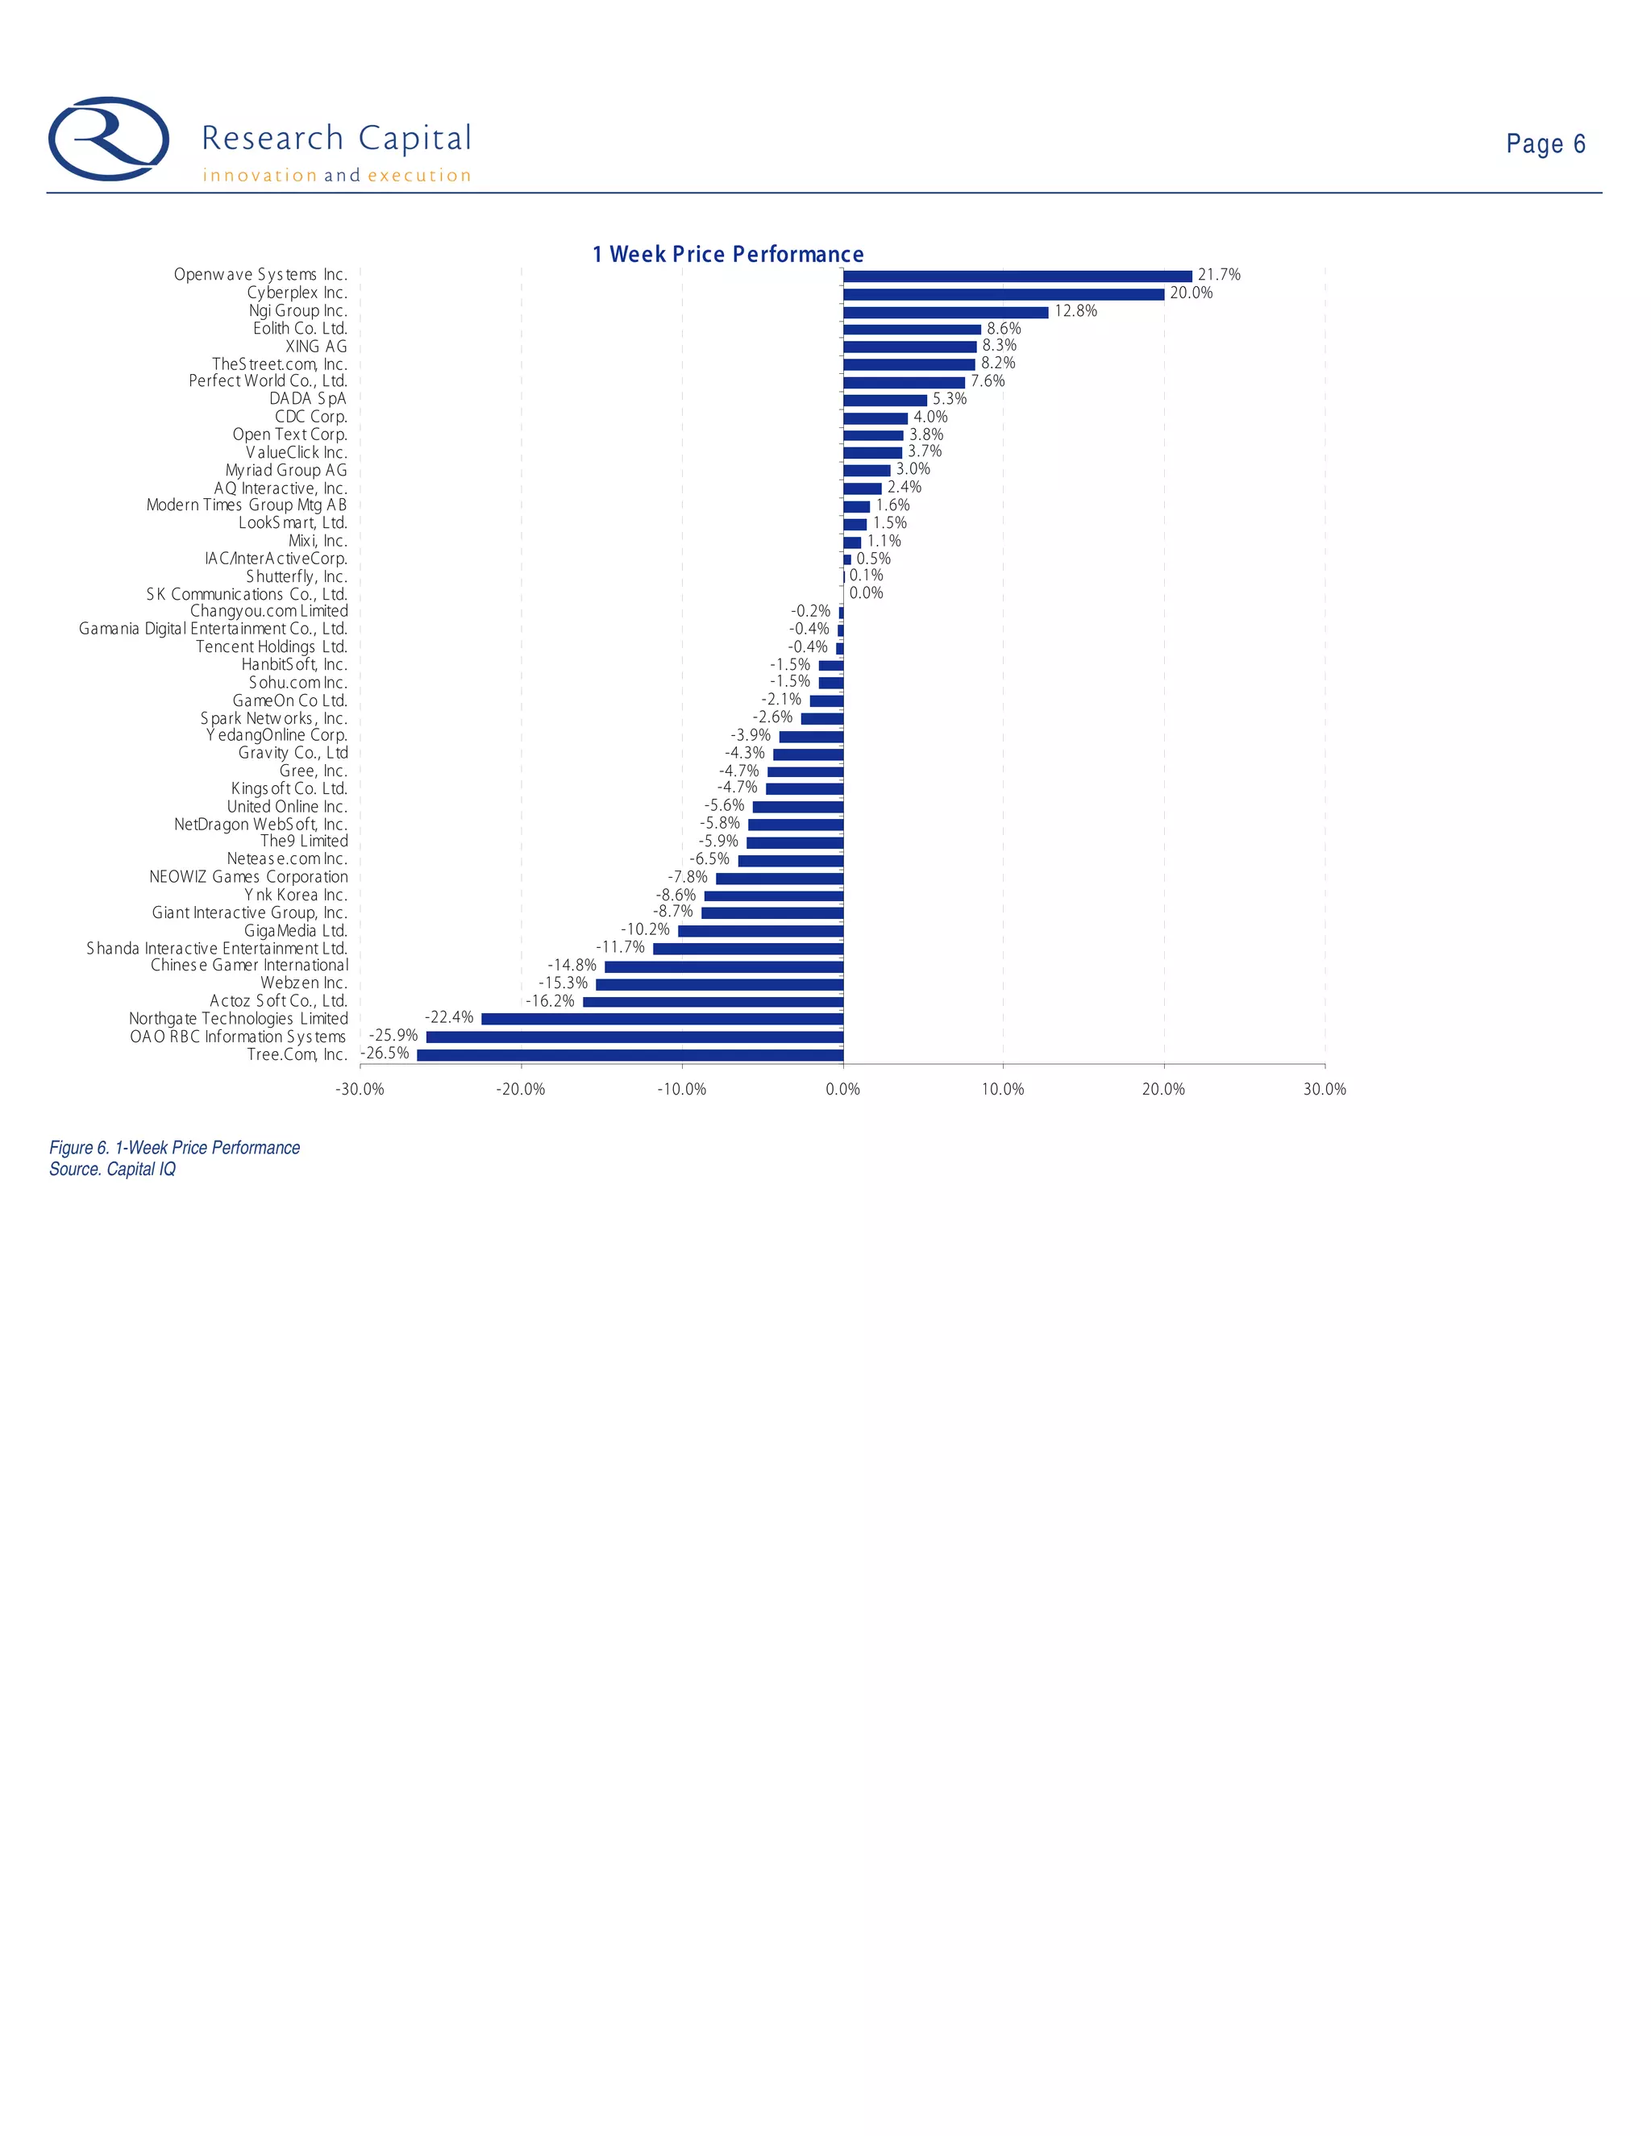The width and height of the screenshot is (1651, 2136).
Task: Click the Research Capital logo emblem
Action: (x=109, y=139)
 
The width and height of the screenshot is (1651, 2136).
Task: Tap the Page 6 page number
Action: (x=1545, y=143)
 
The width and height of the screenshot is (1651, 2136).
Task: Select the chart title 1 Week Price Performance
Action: (x=728, y=254)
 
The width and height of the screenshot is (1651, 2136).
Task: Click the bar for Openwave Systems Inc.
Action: (x=1017, y=276)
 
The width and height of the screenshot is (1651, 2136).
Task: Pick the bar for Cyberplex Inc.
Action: (x=1004, y=293)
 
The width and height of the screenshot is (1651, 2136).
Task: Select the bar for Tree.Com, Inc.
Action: (x=630, y=1054)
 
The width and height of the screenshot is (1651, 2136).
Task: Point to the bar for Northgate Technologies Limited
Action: (x=662, y=1019)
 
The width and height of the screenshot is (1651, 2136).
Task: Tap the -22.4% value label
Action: (x=449, y=1018)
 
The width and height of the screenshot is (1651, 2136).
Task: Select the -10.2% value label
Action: (x=646, y=930)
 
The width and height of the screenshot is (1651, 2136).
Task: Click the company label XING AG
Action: (x=316, y=347)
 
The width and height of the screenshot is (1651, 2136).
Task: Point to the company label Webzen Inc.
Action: (x=303, y=983)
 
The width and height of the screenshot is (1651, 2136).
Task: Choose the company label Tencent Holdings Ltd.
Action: (x=271, y=646)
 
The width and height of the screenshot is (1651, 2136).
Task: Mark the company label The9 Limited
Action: (x=303, y=841)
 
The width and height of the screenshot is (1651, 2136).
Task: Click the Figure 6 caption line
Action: (x=174, y=1148)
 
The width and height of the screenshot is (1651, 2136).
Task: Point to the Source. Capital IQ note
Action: (x=113, y=1170)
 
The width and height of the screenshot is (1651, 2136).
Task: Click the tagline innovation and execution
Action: (x=336, y=176)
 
